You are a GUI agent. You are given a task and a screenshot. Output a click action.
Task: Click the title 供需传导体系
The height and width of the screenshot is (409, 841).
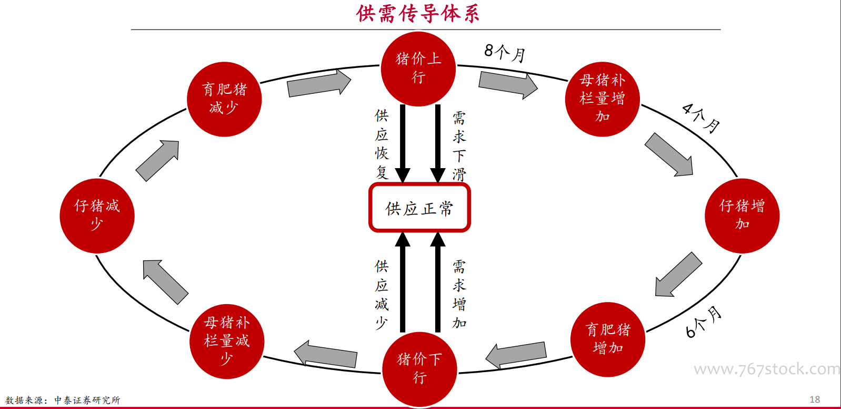tap(418, 14)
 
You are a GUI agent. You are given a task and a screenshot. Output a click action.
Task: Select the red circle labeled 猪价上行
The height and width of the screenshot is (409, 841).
tap(418, 69)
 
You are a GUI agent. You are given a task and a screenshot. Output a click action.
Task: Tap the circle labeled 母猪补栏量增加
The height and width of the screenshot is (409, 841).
tap(602, 99)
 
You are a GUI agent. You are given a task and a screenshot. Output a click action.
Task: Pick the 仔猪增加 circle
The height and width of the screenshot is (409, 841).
tap(742, 216)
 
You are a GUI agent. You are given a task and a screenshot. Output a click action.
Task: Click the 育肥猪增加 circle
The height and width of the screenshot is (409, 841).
tap(608, 339)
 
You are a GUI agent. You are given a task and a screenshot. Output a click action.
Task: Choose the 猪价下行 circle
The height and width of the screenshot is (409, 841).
tap(419, 368)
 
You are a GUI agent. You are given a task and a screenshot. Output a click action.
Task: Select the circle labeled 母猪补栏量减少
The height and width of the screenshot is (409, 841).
tap(226, 341)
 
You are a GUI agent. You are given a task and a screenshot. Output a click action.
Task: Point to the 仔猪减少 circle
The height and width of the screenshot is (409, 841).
tap(97, 216)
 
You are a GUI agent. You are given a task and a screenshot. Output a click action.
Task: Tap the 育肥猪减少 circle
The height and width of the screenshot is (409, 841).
tap(224, 99)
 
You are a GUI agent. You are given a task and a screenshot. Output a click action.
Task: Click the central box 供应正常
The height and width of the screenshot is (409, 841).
tap(419, 208)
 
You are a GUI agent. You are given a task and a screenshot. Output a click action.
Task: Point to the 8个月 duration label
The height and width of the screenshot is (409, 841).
tap(505, 52)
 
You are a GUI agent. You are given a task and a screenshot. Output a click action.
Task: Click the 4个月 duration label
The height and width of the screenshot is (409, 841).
tap(700, 118)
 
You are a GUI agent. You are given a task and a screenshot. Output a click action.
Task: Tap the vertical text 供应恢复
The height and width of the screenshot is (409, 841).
tap(382, 144)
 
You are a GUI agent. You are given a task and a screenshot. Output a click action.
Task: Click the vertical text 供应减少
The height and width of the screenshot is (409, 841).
tap(382, 295)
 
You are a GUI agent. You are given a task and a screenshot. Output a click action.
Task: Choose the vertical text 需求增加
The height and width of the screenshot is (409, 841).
tap(459, 294)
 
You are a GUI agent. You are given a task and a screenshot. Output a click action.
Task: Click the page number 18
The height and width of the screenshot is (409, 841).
tap(815, 400)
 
